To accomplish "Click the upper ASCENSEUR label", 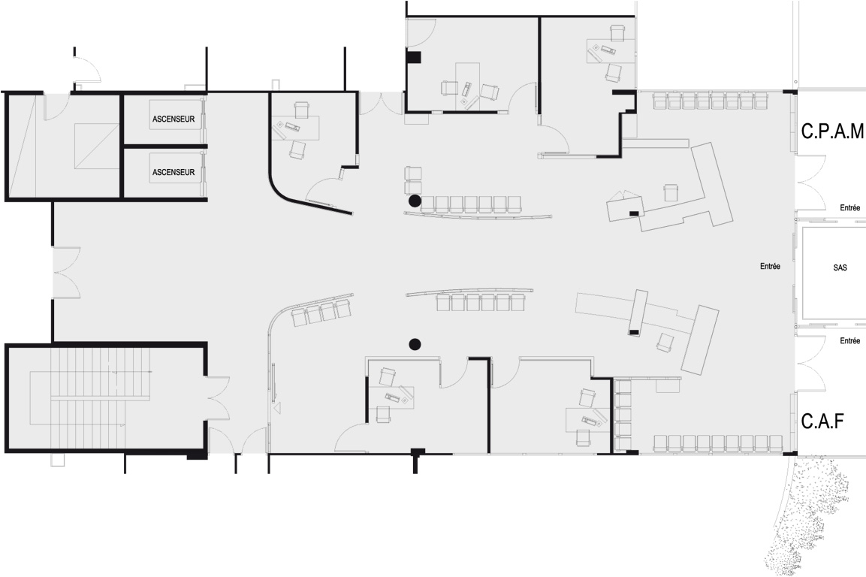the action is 174,119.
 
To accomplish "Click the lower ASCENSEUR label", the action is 174,172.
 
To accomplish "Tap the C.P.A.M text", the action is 832,131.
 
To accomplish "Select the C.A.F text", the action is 822,421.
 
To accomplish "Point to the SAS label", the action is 840,267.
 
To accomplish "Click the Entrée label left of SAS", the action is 770,267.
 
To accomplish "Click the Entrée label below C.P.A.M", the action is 850,208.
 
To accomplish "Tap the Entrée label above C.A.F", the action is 850,341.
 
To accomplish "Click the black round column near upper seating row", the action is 414,201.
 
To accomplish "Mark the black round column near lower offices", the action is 415,344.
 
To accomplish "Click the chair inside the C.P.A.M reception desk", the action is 671,192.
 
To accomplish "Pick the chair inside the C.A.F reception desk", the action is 665,342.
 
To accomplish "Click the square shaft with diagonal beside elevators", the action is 97,145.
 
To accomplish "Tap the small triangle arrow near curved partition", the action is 277,409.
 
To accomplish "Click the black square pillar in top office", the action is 414,56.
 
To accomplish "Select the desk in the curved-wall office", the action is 295,128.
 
